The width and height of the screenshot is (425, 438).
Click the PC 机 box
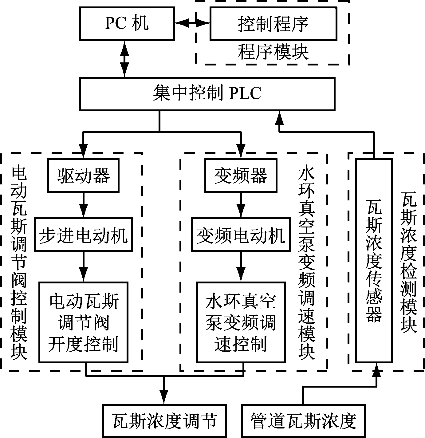point(127,24)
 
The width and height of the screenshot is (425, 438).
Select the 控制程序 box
point(273,24)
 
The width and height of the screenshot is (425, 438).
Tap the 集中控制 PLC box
point(207,94)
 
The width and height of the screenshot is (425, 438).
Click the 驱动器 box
point(83,176)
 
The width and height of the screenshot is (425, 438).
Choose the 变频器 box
point(241,176)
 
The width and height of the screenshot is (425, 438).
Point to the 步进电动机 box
point(83,235)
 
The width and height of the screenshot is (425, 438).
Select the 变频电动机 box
point(241,235)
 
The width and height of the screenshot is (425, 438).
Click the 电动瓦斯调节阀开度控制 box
point(83,322)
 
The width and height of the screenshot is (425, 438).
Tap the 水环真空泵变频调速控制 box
point(241,322)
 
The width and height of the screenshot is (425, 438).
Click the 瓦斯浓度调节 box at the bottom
point(164,421)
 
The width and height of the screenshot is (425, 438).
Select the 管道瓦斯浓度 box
point(304,421)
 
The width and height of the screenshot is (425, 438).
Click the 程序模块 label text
point(273,52)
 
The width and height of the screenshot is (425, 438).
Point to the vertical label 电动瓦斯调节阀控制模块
point(19,263)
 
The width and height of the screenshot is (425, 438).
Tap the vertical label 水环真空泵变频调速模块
point(306,263)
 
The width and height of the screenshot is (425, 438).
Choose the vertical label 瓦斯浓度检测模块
point(409,263)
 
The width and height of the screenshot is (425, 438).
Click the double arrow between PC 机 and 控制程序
point(192,23)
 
